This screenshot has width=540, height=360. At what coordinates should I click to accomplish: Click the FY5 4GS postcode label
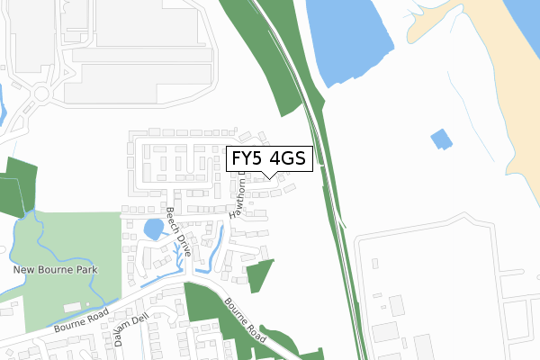[x=268, y=159]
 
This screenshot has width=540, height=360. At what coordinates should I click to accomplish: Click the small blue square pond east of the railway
[x=440, y=139]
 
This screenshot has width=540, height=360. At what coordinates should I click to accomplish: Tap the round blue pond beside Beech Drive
[x=154, y=229]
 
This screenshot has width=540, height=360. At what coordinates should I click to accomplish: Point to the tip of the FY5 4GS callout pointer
[x=268, y=177]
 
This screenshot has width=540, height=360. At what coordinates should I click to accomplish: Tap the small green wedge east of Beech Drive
[x=259, y=274]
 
